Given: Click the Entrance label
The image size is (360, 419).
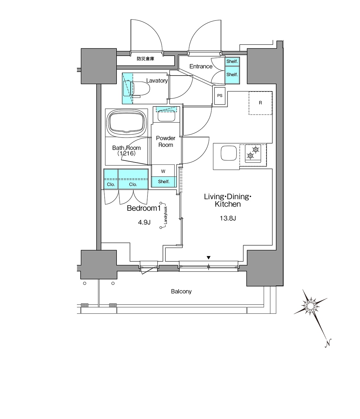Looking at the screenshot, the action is point(201,66).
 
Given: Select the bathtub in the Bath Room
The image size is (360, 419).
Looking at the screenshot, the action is point(126,123).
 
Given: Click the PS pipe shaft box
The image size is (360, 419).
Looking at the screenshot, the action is point(220,96).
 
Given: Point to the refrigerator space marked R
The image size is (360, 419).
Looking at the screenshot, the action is point(260,103).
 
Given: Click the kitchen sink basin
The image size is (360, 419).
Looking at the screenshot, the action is point(229,153).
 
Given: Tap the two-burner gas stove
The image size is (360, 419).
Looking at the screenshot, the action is point(253,153).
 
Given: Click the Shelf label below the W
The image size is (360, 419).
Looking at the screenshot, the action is point(164,182).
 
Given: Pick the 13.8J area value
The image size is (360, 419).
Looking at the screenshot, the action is point(228,218).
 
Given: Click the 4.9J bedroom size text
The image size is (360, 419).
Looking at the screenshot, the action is point(144,222).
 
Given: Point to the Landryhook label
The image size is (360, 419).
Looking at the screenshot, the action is point(165,215).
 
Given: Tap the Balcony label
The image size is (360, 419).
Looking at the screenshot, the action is point(181,291).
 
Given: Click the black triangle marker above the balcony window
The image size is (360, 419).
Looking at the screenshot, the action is point(209,258).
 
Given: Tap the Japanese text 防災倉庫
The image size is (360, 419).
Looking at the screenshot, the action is point(145,59).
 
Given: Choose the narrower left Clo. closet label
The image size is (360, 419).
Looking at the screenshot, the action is point(111,185).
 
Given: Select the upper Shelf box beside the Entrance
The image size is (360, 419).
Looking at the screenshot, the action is point(232,61).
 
